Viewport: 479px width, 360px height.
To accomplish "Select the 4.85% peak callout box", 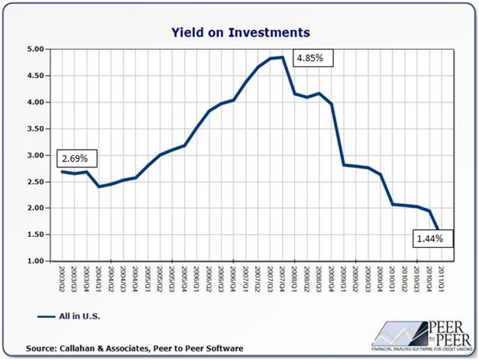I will pyautogui.click(x=313, y=57).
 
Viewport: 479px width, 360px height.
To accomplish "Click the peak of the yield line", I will pyautogui.click(x=282, y=57).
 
